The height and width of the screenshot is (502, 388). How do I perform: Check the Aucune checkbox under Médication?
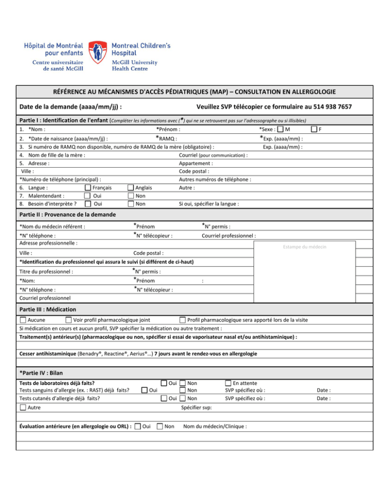[23, 320]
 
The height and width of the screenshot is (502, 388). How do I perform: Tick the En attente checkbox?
[228, 383]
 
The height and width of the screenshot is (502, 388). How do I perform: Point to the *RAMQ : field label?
[167, 138]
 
